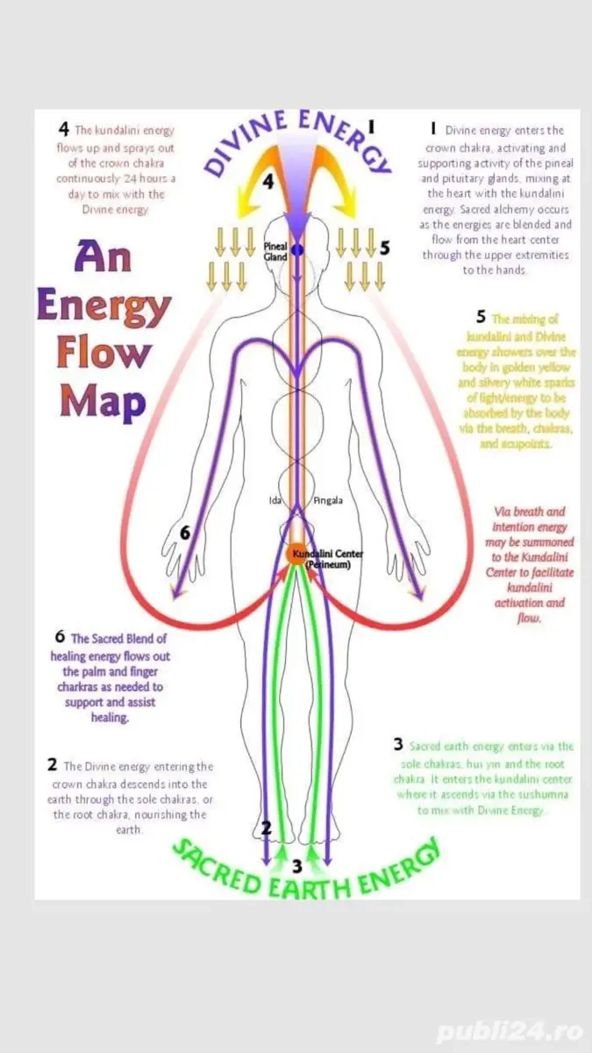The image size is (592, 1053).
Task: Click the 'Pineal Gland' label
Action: click(x=276, y=253)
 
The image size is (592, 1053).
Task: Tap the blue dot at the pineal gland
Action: click(x=296, y=251)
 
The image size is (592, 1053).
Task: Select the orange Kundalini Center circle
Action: click(x=296, y=555)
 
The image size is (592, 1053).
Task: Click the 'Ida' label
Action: click(x=275, y=501)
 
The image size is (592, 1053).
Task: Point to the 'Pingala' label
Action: click(x=328, y=501)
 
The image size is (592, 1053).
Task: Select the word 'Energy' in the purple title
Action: click(x=103, y=306)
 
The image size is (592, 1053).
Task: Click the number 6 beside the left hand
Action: click(x=185, y=533)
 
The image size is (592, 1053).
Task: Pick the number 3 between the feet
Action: click(x=296, y=866)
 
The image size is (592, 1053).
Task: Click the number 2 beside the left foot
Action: click(x=267, y=827)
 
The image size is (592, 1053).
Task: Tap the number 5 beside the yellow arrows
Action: click(x=384, y=248)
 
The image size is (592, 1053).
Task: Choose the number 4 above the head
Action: click(x=270, y=182)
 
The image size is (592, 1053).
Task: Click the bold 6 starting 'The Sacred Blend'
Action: click(x=60, y=638)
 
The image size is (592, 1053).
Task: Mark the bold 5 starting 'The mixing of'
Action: click(x=481, y=317)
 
